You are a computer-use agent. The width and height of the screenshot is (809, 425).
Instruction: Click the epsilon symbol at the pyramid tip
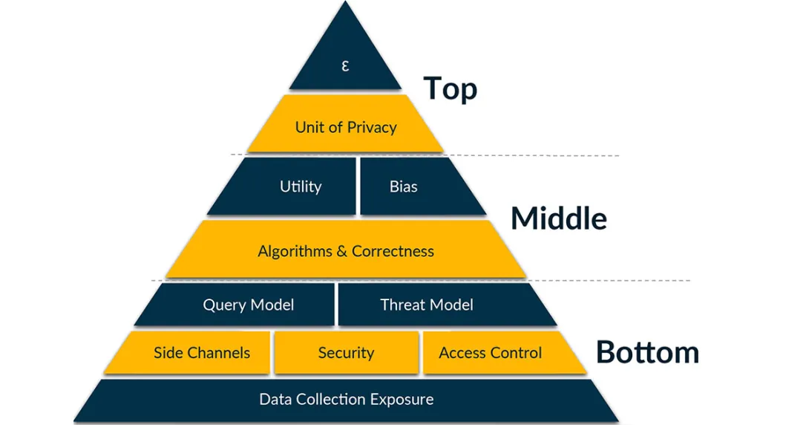(x=345, y=65)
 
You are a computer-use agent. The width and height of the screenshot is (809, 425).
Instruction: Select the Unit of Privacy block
(x=346, y=127)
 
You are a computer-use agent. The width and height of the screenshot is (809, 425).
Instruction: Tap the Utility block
(x=300, y=186)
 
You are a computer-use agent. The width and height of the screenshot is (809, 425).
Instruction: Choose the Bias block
(x=404, y=186)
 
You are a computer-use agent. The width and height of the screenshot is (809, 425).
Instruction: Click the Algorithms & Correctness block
(x=346, y=251)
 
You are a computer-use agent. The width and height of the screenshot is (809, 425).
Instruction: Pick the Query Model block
(x=248, y=305)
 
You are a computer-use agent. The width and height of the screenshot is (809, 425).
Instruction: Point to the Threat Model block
(x=427, y=305)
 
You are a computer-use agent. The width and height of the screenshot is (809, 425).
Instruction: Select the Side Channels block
(x=201, y=353)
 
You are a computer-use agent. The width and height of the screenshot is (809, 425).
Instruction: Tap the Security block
(x=346, y=353)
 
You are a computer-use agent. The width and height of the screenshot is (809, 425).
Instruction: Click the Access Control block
(x=491, y=353)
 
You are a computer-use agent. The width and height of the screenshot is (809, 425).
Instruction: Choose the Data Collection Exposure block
(x=346, y=400)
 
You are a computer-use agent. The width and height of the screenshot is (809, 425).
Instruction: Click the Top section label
(x=450, y=88)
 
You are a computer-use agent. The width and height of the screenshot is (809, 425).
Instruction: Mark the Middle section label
(x=558, y=218)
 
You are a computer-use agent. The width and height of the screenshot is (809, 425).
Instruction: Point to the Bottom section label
(x=647, y=352)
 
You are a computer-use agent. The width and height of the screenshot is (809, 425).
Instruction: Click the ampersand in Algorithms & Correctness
(x=341, y=251)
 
